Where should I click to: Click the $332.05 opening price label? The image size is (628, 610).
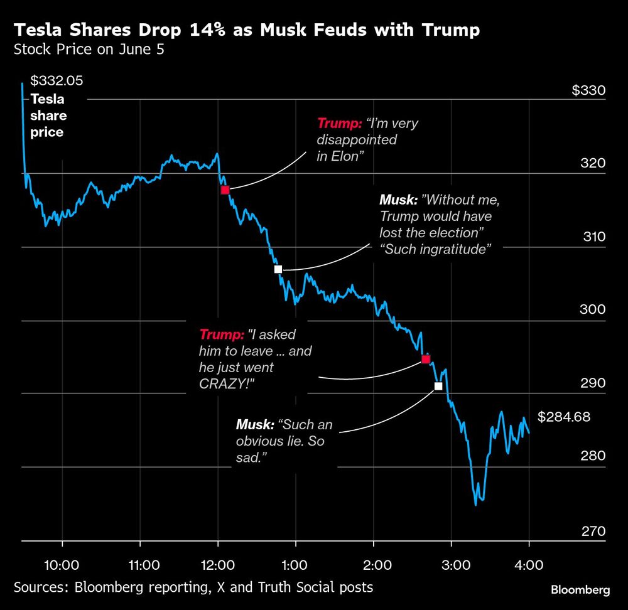(x=57, y=81)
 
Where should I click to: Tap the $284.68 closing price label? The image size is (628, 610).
(x=564, y=417)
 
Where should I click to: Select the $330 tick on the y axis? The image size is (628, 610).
(x=588, y=91)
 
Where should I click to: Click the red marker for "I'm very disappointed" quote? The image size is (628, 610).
(x=225, y=190)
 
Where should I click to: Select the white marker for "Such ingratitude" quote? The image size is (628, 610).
(x=278, y=269)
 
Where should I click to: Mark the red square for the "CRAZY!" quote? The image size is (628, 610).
(x=425, y=359)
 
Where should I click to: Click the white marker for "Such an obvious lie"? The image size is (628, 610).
(x=438, y=386)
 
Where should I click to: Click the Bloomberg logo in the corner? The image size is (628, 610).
(x=580, y=590)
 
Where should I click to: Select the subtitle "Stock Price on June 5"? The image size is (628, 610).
(x=89, y=50)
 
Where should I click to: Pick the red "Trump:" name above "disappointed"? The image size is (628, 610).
(x=339, y=123)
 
